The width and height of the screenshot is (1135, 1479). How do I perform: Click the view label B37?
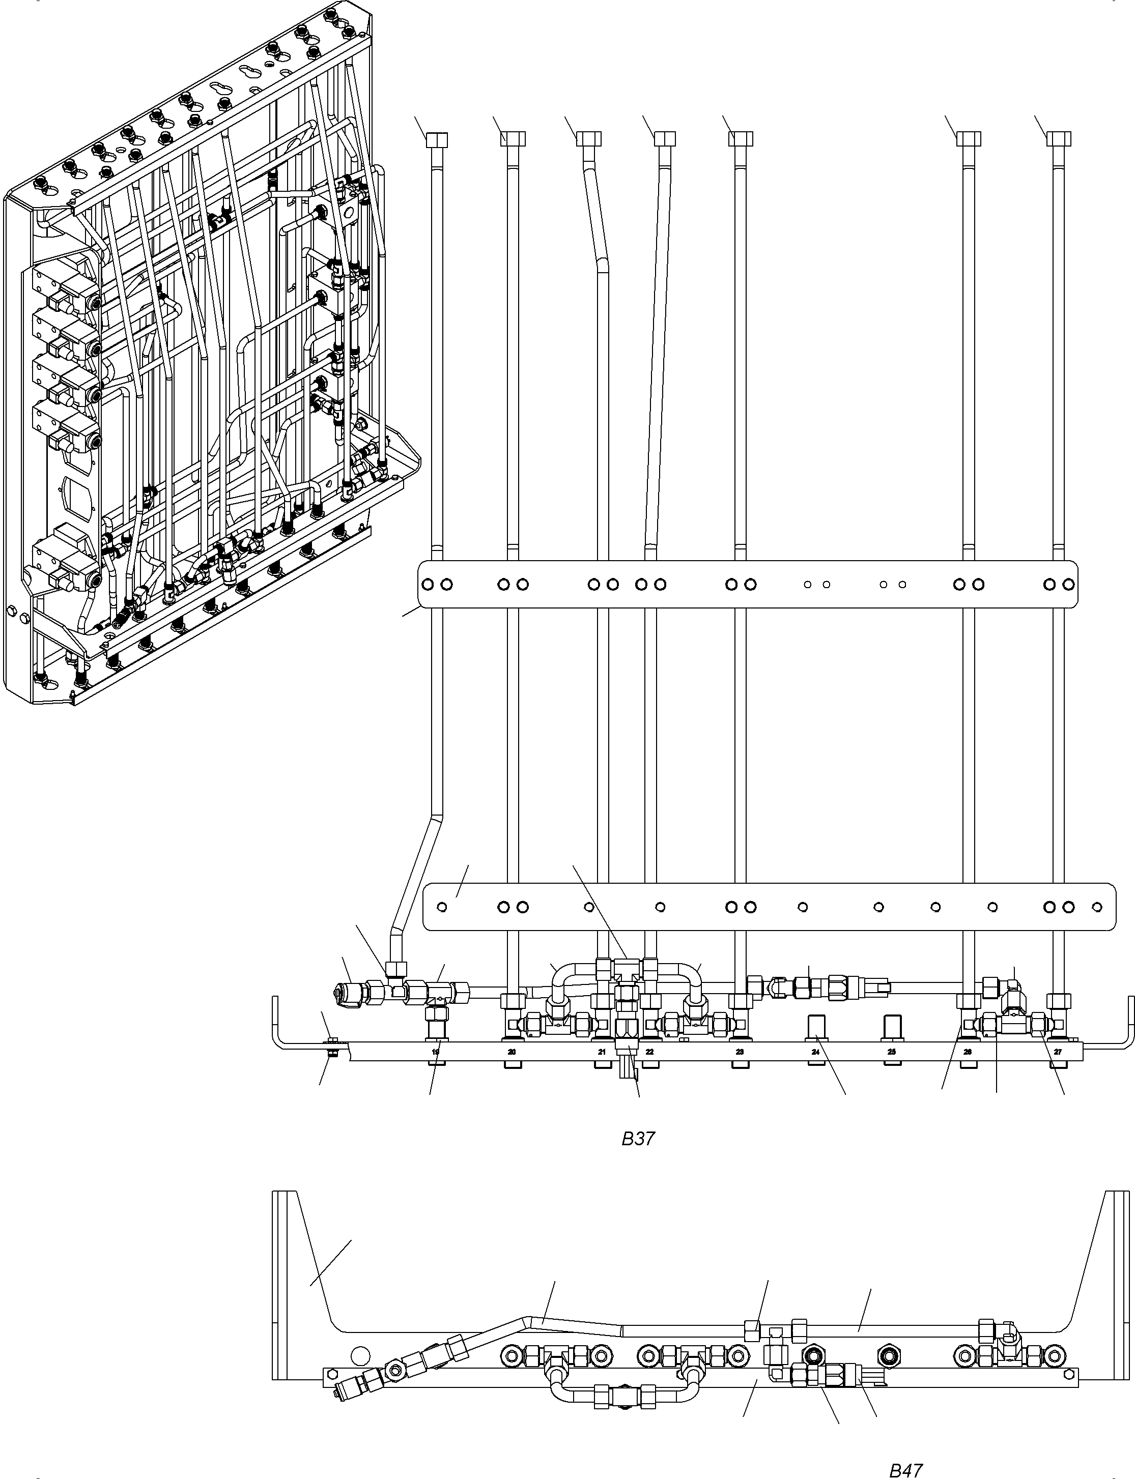[x=638, y=1139]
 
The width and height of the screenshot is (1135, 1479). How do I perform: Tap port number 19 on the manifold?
[x=436, y=1052]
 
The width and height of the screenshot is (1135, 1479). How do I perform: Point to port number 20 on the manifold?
[x=512, y=1052]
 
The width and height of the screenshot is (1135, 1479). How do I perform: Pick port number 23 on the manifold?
[x=740, y=1052]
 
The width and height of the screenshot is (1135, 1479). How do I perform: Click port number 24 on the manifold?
[x=815, y=1052]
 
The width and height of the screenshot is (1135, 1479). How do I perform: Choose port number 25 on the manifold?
[x=892, y=1052]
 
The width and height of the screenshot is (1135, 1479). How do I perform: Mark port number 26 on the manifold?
[x=968, y=1052]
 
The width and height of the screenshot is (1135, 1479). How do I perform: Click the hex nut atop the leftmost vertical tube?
[x=436, y=139]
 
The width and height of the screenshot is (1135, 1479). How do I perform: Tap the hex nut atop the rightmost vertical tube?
[x=1059, y=139]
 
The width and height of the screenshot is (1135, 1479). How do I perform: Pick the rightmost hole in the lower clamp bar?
[x=1097, y=907]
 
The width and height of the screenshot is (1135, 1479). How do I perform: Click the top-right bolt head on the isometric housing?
[x=331, y=14]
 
